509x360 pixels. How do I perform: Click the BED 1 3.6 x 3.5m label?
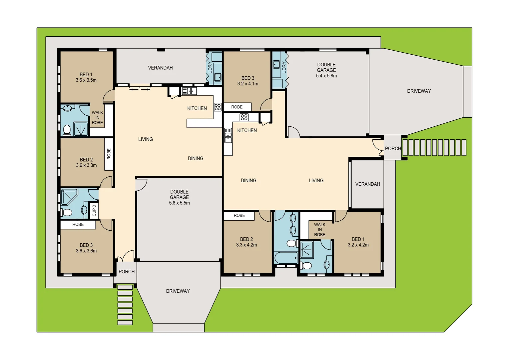86,77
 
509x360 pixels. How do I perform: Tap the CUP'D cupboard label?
94,210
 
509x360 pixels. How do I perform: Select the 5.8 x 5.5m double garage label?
179,197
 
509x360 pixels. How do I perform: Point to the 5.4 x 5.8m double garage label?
326,70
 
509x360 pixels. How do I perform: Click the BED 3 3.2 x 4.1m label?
248,81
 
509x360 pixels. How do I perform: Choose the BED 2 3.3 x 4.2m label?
246,242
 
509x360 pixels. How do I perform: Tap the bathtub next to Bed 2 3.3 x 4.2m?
285,258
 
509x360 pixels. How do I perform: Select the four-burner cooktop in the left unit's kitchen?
218,107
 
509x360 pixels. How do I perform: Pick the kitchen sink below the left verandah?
189,91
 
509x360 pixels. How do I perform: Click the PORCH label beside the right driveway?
393,148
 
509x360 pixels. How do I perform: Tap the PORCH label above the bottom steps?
127,272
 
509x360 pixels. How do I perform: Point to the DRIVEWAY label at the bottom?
178,291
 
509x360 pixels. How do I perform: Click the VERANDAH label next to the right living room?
367,184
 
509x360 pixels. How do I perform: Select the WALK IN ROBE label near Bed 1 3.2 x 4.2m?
319,230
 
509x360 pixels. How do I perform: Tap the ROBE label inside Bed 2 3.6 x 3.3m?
109,154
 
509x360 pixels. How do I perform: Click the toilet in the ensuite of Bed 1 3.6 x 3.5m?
67,130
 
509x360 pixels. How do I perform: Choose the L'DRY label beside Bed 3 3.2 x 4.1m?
284,67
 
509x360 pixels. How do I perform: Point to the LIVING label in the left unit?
146,139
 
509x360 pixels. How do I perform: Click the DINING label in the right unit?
249,180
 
